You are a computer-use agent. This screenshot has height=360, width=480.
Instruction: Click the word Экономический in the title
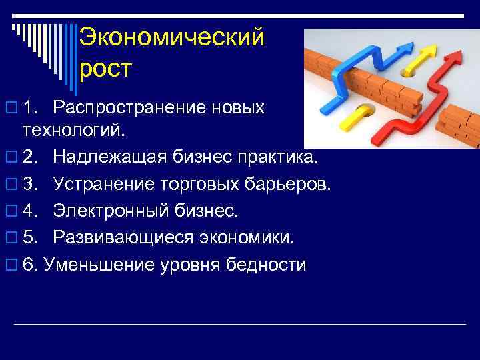click(x=171, y=37)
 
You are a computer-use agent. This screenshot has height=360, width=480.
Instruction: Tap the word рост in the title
click(x=106, y=68)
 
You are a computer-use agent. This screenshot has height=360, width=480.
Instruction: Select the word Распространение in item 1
click(x=159, y=107)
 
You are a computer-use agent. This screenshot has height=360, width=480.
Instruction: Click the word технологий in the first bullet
click(x=73, y=128)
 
